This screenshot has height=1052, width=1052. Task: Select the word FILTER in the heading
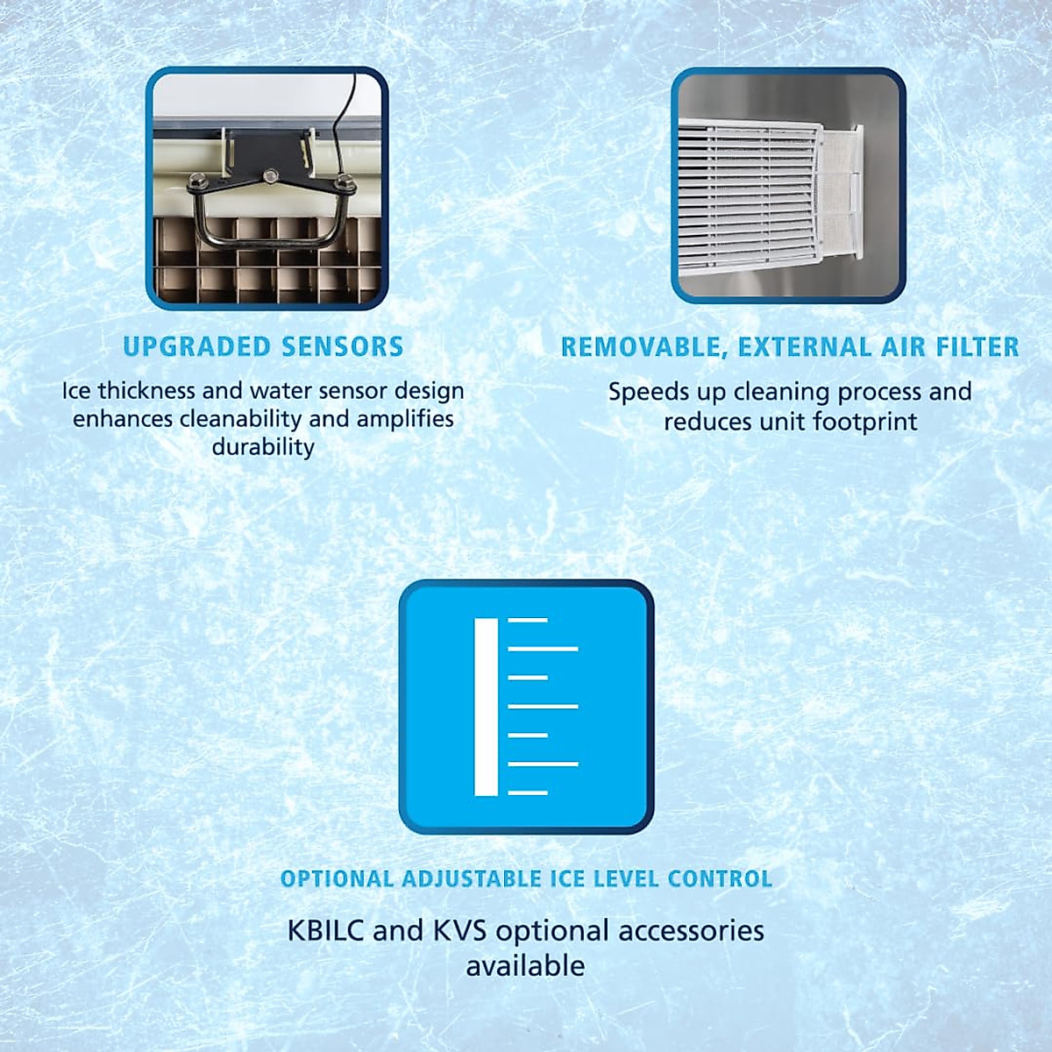[x=977, y=347]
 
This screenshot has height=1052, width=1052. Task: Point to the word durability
[x=263, y=447]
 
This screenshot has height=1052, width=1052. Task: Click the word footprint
[x=864, y=422]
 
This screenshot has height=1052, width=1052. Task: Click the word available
[x=525, y=966]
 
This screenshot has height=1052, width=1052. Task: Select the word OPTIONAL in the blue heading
[x=337, y=879]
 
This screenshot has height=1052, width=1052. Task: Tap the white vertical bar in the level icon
[x=486, y=707]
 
